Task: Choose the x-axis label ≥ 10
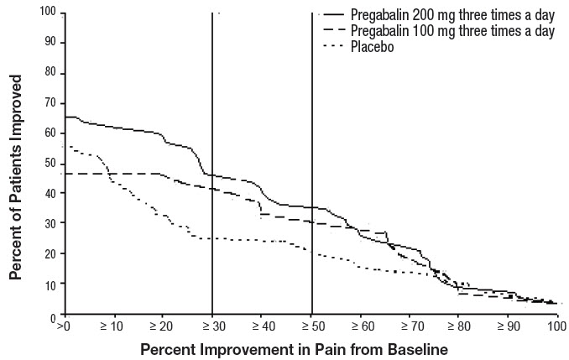click(x=111, y=324)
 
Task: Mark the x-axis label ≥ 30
click(x=211, y=324)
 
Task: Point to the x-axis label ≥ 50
click(x=311, y=324)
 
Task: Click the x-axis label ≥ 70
click(x=410, y=324)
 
